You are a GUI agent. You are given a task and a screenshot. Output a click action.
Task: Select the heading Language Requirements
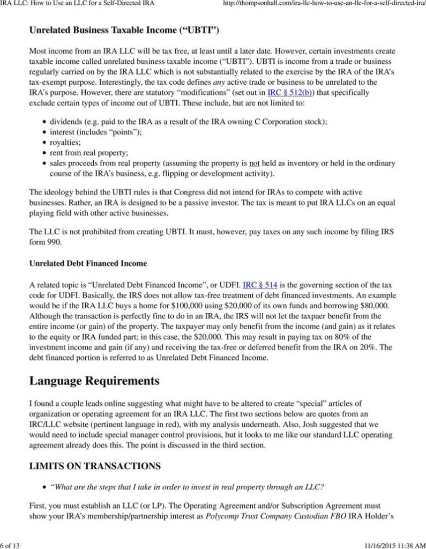coord(94,381)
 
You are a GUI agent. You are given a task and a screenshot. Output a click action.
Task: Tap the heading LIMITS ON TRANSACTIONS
coord(95,466)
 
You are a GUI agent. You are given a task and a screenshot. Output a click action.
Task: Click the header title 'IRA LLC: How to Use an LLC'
coord(77,4)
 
